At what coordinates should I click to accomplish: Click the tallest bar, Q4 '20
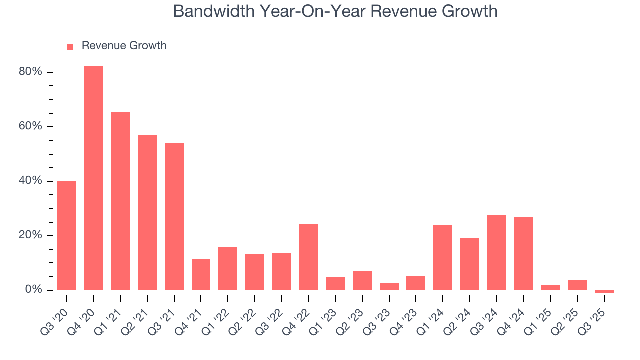click(93, 178)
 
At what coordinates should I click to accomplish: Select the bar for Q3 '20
click(67, 235)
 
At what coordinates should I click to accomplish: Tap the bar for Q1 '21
click(120, 201)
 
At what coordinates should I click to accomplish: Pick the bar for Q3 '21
click(174, 216)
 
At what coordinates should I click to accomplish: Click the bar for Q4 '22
click(308, 257)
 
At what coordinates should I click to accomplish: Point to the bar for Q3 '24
click(496, 252)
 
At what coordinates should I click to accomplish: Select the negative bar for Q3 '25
click(604, 291)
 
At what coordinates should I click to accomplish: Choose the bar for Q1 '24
click(443, 257)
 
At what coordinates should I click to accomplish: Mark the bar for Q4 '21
click(201, 274)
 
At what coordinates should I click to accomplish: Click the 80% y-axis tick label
click(31, 72)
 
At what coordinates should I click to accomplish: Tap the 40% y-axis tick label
click(31, 181)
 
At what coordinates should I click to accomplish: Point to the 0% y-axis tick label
click(34, 290)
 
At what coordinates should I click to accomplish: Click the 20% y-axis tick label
click(31, 235)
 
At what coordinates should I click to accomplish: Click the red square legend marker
click(70, 46)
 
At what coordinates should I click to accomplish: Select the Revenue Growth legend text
click(124, 46)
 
